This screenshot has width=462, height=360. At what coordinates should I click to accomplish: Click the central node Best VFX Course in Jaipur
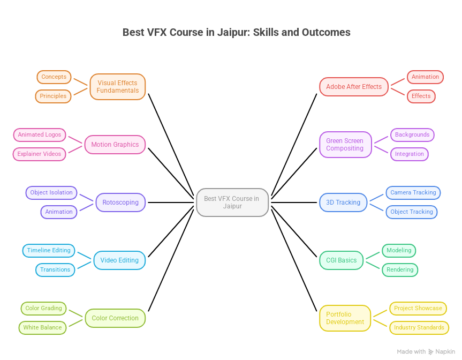232,202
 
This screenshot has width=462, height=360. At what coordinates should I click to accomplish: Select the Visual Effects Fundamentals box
118,87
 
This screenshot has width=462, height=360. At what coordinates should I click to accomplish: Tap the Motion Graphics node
115,145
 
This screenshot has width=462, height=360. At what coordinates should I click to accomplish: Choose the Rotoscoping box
120,202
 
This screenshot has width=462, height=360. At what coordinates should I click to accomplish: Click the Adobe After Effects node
354,87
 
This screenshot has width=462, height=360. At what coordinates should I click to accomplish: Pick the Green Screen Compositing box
345,145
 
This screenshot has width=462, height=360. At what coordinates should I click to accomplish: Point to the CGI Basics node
341,260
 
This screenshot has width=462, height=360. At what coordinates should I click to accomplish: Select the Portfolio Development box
345,318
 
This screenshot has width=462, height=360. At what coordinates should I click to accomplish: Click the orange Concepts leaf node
54,77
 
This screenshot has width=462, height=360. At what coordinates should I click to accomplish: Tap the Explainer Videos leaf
39,154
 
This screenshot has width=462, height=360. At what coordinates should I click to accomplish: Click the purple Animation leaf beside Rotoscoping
59,212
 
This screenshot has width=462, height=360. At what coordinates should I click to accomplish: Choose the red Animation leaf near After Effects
425,77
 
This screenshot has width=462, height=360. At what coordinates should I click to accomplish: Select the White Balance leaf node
42,327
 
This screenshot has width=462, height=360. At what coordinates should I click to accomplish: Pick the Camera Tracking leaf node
413,192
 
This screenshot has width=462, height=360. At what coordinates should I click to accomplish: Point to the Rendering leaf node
400,269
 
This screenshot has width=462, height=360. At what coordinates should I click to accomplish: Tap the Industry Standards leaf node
419,327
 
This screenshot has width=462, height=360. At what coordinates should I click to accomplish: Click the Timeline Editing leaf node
49,250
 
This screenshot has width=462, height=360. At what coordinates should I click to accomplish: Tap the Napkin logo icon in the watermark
431,351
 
